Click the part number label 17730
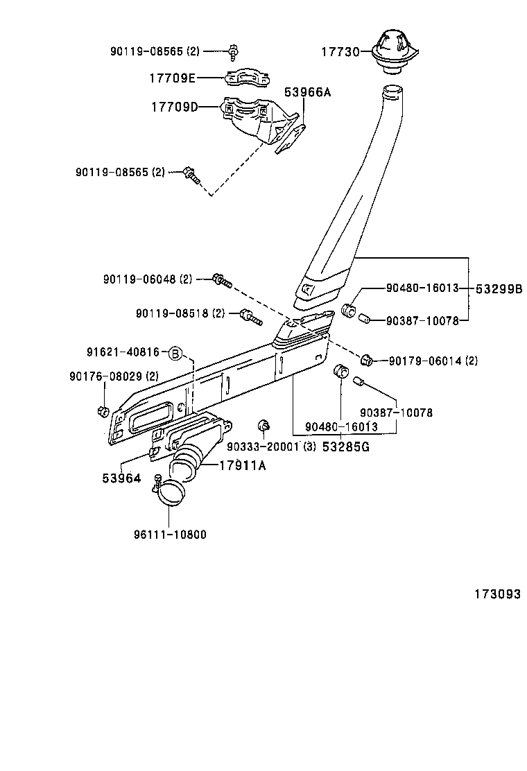click(339, 52)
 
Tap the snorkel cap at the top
click(393, 49)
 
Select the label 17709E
click(172, 78)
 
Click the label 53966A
click(307, 92)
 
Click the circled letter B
click(175, 353)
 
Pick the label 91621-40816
click(123, 353)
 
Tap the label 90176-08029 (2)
click(114, 376)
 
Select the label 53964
click(121, 478)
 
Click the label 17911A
click(242, 465)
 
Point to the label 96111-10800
click(170, 535)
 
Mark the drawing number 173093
click(497, 594)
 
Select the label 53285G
click(345, 447)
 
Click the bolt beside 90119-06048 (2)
click(221, 281)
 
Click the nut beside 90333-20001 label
click(263, 425)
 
